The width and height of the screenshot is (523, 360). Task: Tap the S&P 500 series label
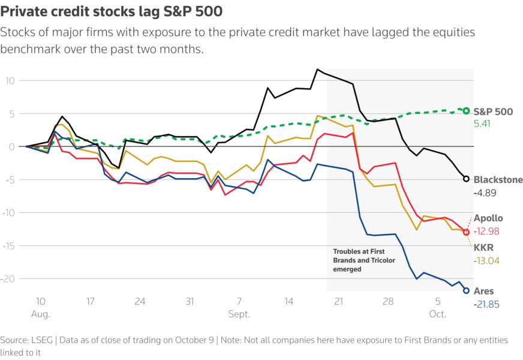point(494,111)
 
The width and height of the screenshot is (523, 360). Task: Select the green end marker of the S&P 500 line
point(467,110)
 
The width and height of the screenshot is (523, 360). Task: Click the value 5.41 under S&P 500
point(484,124)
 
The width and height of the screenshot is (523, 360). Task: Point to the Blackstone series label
point(497,179)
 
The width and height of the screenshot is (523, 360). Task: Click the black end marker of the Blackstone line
point(467,178)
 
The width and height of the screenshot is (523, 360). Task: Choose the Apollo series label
point(488,218)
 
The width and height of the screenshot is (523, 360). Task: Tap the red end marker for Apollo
point(467,232)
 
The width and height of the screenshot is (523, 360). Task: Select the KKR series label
point(483,247)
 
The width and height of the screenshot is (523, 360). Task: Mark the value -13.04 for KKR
point(486,260)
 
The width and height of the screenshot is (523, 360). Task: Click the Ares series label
point(483,291)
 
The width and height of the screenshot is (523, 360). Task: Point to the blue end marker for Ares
point(467,290)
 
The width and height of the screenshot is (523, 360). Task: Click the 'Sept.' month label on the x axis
point(239,314)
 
